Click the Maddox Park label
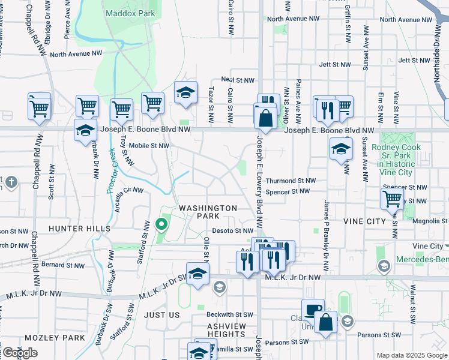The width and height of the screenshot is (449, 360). [x=130, y=13]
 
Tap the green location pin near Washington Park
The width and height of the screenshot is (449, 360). [x=161, y=225]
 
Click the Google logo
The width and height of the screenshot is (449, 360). [x=20, y=353]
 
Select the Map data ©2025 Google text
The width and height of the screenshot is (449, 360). [x=411, y=355]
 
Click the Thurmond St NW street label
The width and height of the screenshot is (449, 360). [x=291, y=181]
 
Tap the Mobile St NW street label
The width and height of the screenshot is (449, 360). [x=149, y=145]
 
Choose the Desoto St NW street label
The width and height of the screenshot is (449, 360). [x=233, y=230]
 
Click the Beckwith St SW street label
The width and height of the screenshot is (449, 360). [x=228, y=314]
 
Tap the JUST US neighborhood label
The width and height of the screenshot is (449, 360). [x=162, y=315]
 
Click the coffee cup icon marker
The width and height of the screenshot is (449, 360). [x=312, y=310]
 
